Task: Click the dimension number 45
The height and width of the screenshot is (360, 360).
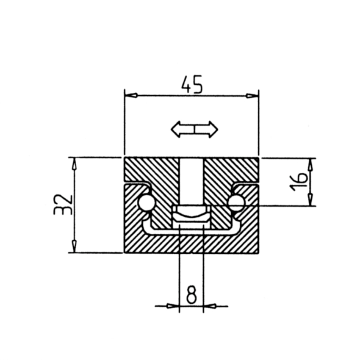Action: click(192, 84)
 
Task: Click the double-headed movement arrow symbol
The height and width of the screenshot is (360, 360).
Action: click(194, 129)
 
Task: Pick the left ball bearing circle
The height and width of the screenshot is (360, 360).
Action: click(147, 203)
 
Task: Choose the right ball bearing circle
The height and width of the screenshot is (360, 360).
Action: click(236, 202)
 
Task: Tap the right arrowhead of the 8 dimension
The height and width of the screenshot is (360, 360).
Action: click(210, 305)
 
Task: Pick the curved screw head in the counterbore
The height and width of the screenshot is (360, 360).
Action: click(191, 216)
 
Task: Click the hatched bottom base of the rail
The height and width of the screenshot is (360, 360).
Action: click(191, 244)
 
